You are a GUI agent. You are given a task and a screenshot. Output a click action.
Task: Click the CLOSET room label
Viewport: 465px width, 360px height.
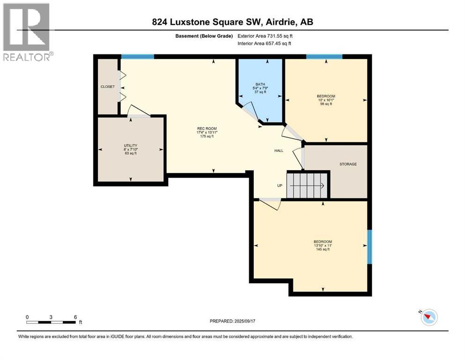pyautogui.click(x=107, y=87)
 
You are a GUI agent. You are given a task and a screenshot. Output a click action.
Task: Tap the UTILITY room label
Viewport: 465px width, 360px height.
pyautogui.click(x=130, y=146)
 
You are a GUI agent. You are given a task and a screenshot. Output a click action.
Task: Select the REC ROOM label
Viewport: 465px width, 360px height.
pyautogui.click(x=207, y=128)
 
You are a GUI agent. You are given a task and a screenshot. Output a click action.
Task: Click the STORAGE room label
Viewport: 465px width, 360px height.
pyautogui.click(x=348, y=164)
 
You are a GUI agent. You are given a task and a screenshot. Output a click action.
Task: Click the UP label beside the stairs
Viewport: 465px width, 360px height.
pyautogui.click(x=280, y=186)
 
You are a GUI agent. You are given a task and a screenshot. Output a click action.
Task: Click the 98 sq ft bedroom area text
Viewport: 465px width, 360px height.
pyautogui.click(x=326, y=104)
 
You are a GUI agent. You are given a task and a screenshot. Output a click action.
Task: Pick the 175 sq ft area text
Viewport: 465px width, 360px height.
pyautogui.click(x=207, y=136)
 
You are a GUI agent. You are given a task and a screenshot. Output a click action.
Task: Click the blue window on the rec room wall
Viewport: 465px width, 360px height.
pyautogui.click(x=138, y=57)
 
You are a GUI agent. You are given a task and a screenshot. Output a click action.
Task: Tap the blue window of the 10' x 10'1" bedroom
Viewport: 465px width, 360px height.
pyautogui.click(x=324, y=57)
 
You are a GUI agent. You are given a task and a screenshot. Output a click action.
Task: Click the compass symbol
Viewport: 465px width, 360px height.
pyautogui.click(x=428, y=317)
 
